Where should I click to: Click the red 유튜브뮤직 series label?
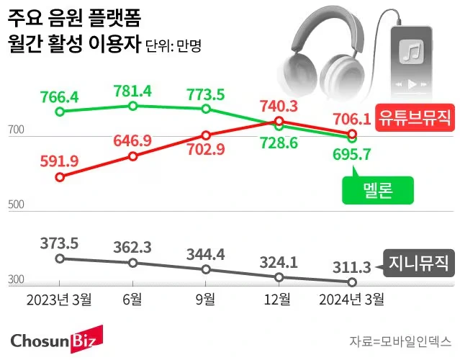pyautogui.click(x=412, y=115)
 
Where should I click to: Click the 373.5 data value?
pyautogui.click(x=60, y=242)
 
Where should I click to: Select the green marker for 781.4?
pyautogui.click(x=133, y=106)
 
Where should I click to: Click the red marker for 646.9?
pyautogui.click(x=133, y=156)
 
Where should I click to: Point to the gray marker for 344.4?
pyautogui.click(x=206, y=269)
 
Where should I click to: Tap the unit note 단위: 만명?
pyautogui.click(x=173, y=45)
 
